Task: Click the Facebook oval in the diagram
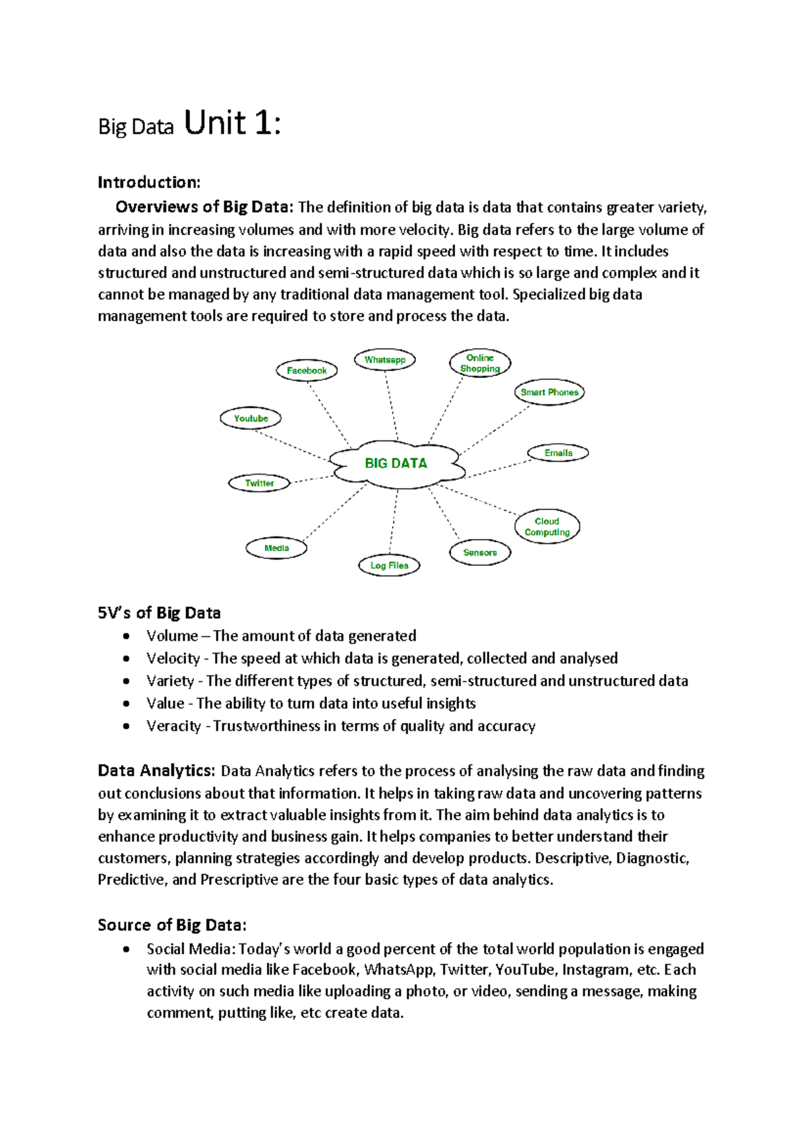(x=307, y=370)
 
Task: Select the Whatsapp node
(x=385, y=360)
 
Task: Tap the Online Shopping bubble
(x=480, y=363)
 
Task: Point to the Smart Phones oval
(x=549, y=392)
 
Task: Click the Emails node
(x=558, y=453)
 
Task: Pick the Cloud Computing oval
(x=547, y=526)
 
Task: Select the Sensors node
(x=479, y=552)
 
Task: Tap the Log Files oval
(x=389, y=565)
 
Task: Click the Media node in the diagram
(x=276, y=548)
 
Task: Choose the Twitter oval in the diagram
(x=259, y=483)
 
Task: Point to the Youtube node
(x=251, y=418)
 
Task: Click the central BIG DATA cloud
(x=396, y=463)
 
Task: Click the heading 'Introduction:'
(x=149, y=182)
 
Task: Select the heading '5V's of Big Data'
(x=159, y=612)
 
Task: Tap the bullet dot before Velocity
(x=126, y=658)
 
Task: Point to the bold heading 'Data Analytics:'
(x=156, y=770)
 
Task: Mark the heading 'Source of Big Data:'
(x=172, y=924)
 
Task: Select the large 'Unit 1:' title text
(x=232, y=123)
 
